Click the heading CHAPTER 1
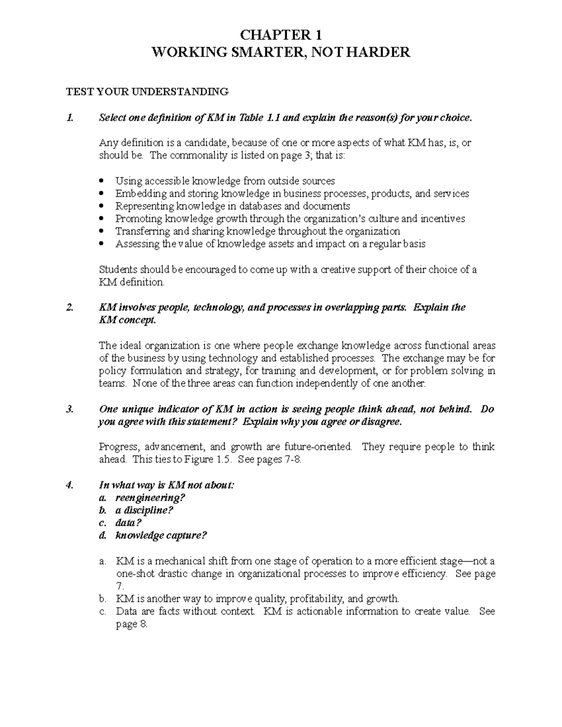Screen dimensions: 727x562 [x=281, y=35]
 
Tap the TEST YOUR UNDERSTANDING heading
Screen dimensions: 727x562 [x=147, y=92]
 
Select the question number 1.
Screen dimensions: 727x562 [x=70, y=118]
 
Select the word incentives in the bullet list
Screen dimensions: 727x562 [x=443, y=219]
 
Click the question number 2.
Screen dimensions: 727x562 [x=70, y=308]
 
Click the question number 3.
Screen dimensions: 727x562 [x=70, y=409]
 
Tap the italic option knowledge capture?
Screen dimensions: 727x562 [x=161, y=536]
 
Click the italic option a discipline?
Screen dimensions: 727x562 [x=144, y=510]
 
